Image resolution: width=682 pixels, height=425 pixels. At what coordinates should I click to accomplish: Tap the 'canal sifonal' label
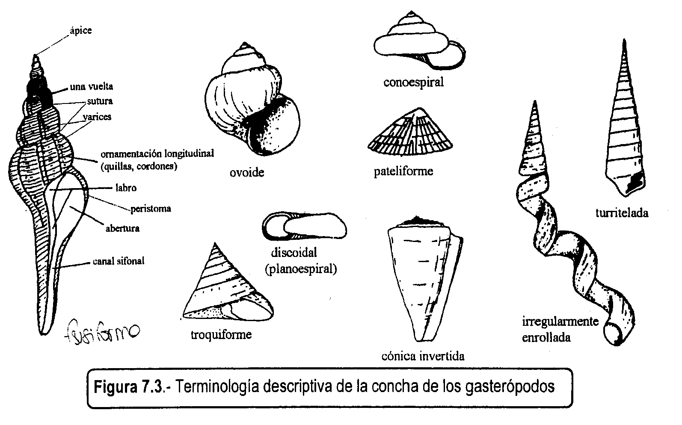119,261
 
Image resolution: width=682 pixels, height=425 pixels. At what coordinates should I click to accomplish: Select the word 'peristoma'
151,209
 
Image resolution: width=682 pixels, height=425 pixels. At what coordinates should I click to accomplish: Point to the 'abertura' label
122,228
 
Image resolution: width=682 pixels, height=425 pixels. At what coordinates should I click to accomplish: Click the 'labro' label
126,188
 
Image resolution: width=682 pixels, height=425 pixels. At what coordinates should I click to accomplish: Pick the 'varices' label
97,116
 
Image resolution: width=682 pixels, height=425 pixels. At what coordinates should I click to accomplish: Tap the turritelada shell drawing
625,128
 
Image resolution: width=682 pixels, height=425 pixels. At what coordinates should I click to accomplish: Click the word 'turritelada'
622,212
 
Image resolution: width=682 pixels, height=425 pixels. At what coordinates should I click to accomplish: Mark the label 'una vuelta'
92,87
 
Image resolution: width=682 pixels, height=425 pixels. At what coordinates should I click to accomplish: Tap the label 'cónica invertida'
423,356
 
